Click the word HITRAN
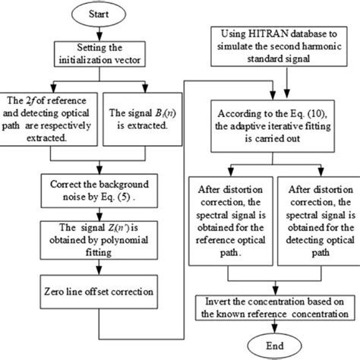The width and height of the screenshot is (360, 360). click(268, 34)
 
